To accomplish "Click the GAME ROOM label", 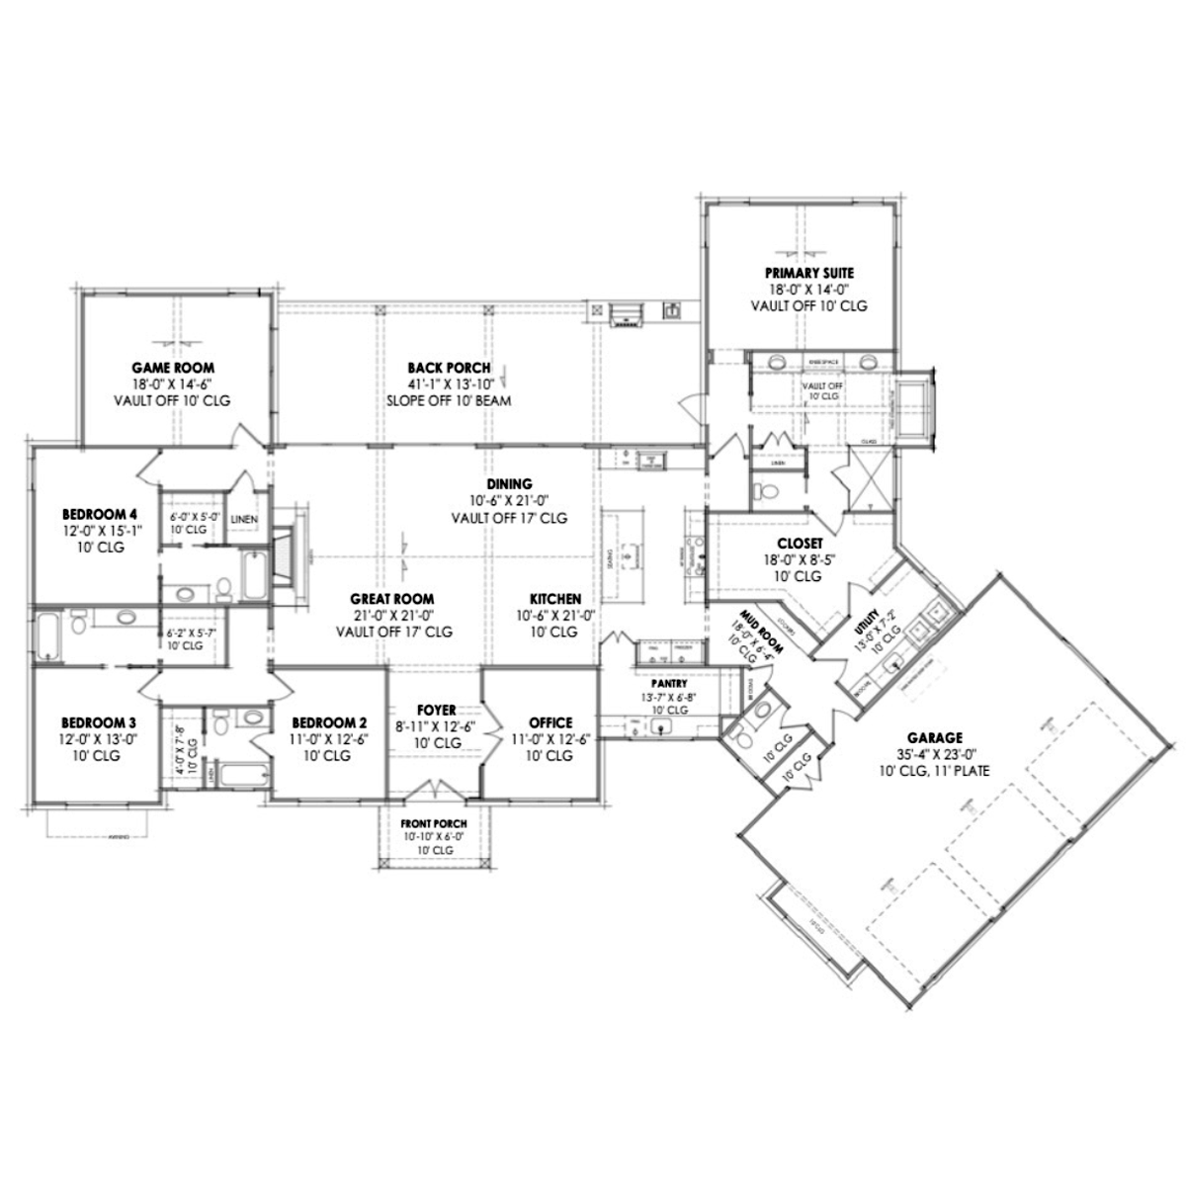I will [x=174, y=368].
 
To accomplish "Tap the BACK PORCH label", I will [x=450, y=368].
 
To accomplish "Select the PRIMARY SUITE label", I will [x=808, y=273].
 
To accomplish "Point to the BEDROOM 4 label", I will [x=99, y=514].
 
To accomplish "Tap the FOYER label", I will [x=436, y=710].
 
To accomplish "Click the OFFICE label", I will [x=551, y=722].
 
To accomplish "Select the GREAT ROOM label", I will [x=392, y=599].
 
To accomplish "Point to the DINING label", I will [x=509, y=484].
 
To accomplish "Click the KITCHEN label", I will [x=554, y=599].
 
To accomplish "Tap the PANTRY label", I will [x=669, y=683].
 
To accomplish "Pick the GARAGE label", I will [x=935, y=737].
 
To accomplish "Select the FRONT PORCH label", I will [x=434, y=822].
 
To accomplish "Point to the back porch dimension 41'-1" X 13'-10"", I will [x=450, y=384].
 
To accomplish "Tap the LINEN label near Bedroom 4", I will [x=244, y=520].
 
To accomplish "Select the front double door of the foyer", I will [x=434, y=792].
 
